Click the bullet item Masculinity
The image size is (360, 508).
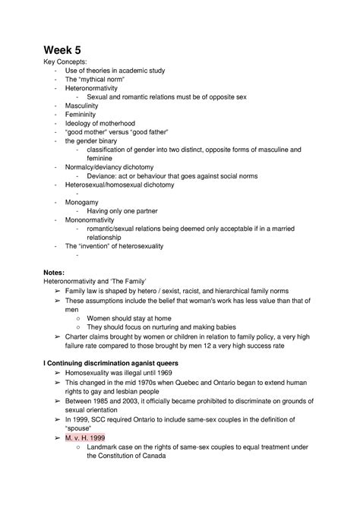pyautogui.click(x=84, y=106)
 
